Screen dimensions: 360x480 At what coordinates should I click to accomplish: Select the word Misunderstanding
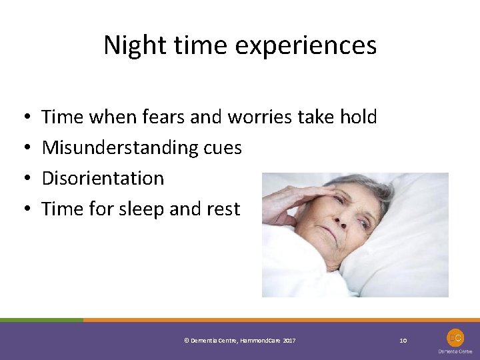[117, 148]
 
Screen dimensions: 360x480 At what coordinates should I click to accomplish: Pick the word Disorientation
[103, 179]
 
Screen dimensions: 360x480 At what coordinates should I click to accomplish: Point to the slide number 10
[403, 341]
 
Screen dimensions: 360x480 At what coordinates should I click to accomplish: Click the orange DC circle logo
[455, 337]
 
